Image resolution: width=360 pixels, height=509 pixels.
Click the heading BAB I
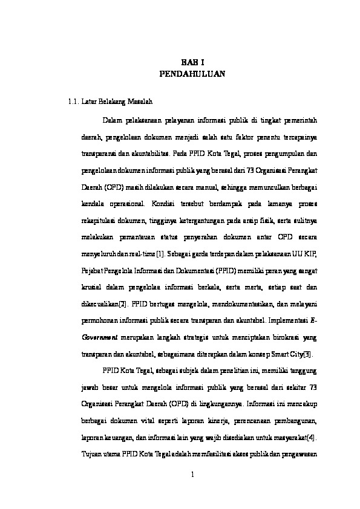[191, 62]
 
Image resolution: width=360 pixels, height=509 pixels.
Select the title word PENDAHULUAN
[191, 74]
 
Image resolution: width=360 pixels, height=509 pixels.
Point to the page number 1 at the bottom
[191, 473]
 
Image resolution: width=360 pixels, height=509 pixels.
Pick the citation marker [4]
[312, 436]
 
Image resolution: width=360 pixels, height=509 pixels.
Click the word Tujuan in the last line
[93, 453]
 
